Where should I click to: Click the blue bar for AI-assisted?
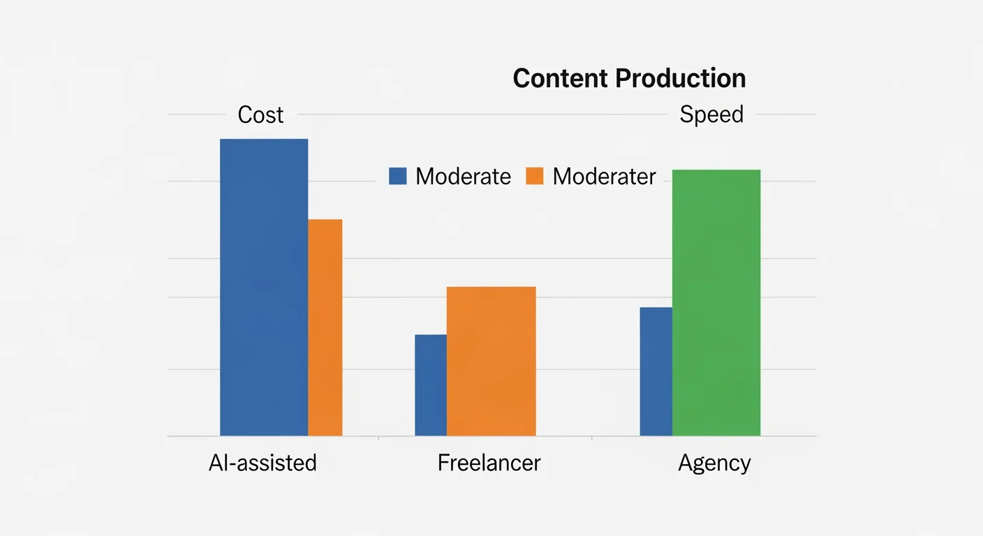click(x=264, y=287)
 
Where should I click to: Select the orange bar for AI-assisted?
click(x=325, y=327)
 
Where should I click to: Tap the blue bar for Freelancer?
click(x=431, y=385)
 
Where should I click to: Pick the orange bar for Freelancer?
click(x=491, y=361)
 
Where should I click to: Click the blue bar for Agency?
click(x=656, y=371)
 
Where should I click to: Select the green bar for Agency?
click(x=716, y=303)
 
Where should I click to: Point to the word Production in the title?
click(x=680, y=78)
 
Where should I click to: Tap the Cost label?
click(x=260, y=114)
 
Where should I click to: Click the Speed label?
click(x=711, y=114)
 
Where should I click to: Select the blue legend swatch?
click(x=398, y=176)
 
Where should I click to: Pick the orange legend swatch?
click(x=535, y=176)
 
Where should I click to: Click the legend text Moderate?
click(x=464, y=177)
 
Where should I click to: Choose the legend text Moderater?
click(x=604, y=177)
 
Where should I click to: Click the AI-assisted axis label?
click(x=263, y=463)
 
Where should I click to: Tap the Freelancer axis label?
click(x=489, y=463)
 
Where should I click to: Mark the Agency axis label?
click(x=714, y=463)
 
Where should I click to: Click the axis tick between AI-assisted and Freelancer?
click(x=378, y=439)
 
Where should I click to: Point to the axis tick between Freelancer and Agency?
click(x=592, y=439)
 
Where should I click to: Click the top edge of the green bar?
click(x=716, y=170)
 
